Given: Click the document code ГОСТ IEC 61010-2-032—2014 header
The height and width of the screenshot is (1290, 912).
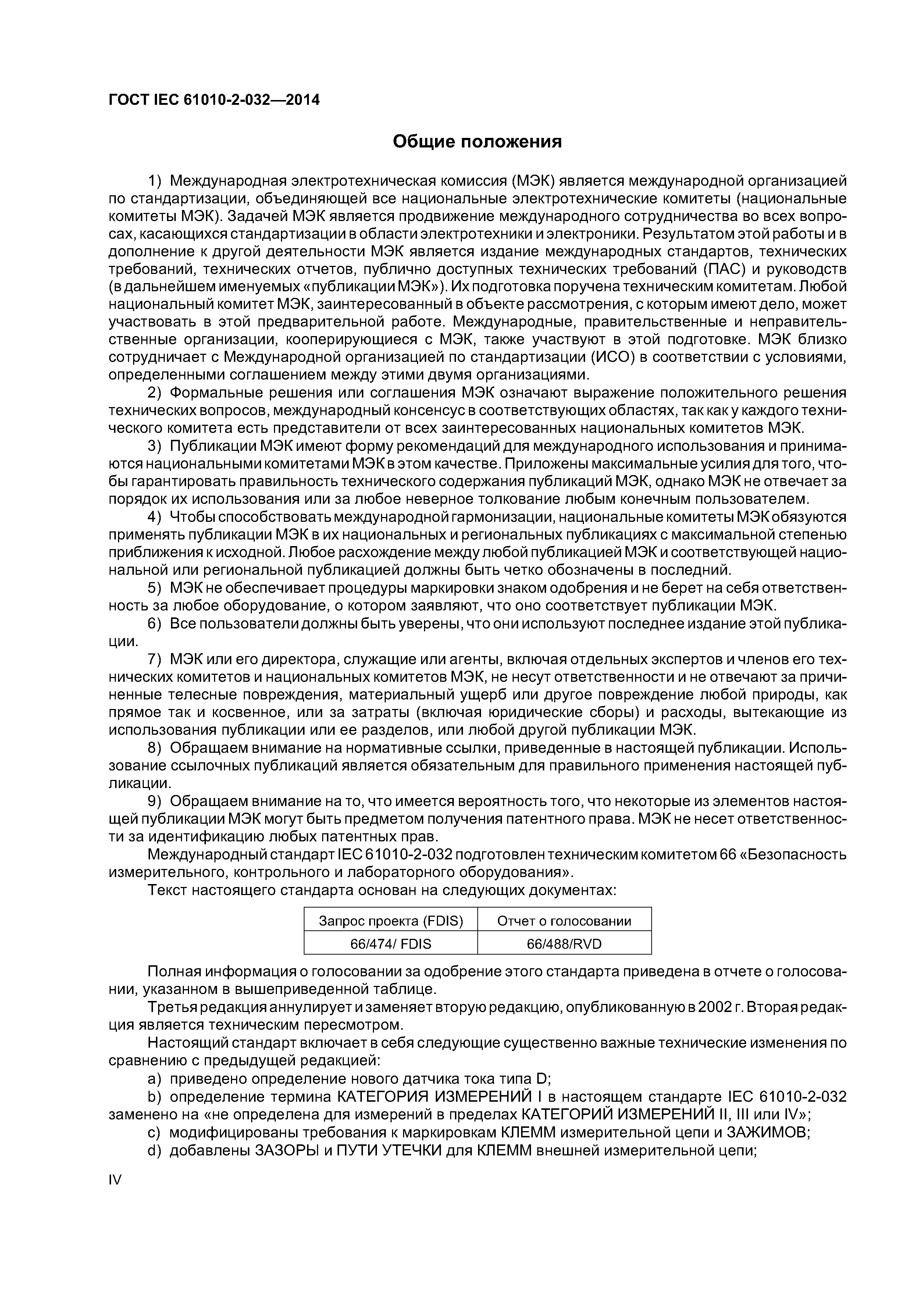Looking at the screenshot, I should click(x=214, y=100).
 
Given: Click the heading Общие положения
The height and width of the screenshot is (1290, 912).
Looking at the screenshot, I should click(x=477, y=141).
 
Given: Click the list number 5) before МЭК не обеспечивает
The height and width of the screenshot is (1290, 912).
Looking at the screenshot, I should click(x=154, y=588).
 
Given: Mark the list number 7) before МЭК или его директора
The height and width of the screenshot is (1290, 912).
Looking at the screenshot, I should click(x=154, y=659).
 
